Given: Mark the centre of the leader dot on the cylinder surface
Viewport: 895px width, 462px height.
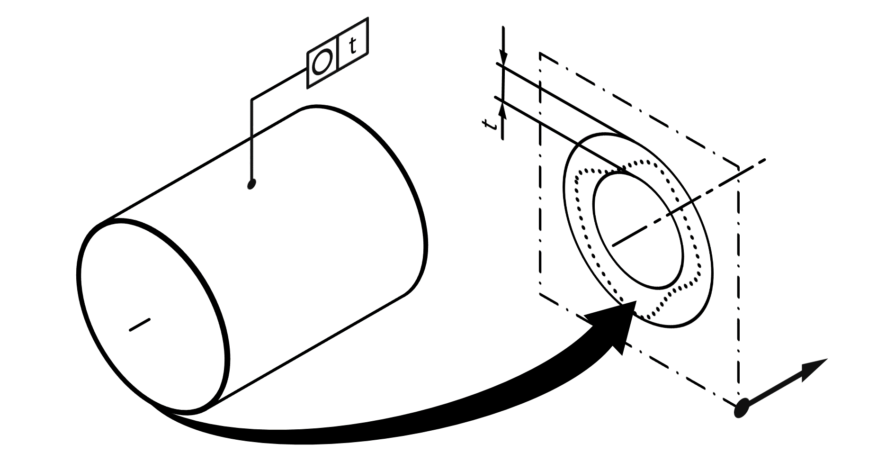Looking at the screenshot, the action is click(x=251, y=183).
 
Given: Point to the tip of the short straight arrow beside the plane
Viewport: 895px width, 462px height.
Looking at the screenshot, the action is click(x=827, y=359).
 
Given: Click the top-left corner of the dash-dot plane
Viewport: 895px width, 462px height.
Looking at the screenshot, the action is click(x=540, y=54).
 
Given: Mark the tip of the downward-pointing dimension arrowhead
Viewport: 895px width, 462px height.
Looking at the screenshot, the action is click(x=503, y=65).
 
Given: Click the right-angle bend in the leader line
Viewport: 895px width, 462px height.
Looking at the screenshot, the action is click(x=251, y=100).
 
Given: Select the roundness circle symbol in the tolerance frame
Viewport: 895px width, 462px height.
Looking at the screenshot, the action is click(x=322, y=62).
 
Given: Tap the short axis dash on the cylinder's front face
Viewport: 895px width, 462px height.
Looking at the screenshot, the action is click(x=140, y=325).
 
